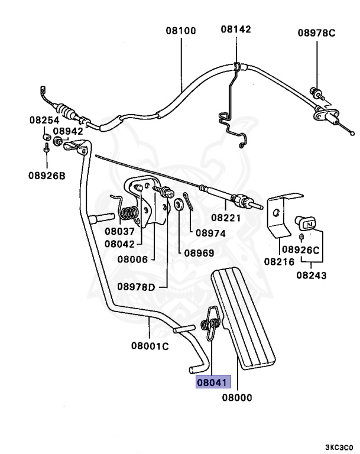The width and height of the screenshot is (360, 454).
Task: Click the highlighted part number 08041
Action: tap(212, 382)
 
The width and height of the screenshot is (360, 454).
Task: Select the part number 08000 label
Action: tap(236, 398)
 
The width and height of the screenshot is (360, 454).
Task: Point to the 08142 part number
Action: tap(236, 29)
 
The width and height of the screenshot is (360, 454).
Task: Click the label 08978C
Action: tap(316, 33)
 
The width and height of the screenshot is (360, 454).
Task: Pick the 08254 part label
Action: tap(44, 120)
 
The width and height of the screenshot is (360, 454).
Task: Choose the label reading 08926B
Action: tap(47, 175)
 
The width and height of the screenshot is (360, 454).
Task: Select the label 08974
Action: tap(210, 233)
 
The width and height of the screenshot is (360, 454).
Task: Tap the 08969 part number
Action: tap(198, 253)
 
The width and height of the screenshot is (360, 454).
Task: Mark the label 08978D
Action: tap(136, 287)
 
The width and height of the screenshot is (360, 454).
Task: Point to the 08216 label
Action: tap(278, 261)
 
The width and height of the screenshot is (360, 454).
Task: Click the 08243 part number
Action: tap(312, 275)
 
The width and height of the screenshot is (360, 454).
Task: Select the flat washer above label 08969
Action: tap(177, 206)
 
